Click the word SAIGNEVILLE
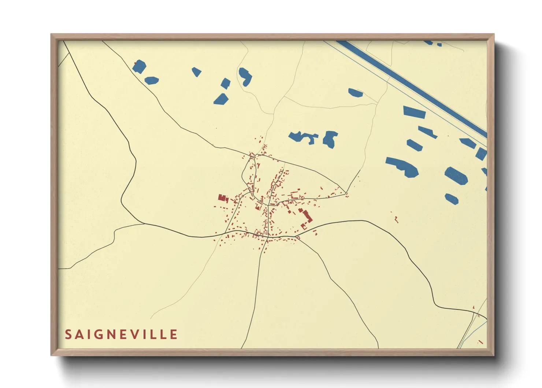click(x=121, y=334)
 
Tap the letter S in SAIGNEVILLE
click(x=68, y=334)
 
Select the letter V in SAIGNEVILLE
click(x=137, y=334)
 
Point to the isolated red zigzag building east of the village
click(x=396, y=219)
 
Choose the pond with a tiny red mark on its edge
click(x=140, y=67)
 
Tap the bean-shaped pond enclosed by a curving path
click(x=245, y=77)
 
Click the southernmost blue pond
click(x=452, y=199)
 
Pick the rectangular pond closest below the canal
click(x=414, y=111)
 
